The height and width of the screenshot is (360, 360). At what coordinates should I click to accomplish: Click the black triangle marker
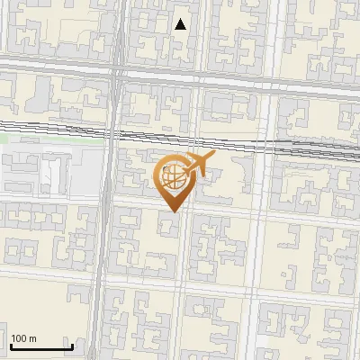pos(181,24)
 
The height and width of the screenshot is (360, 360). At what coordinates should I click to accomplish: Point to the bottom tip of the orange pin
pos(171,212)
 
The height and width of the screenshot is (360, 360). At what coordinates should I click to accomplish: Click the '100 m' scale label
pos(24,338)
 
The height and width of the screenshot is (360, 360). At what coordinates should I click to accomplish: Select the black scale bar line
pos(41,347)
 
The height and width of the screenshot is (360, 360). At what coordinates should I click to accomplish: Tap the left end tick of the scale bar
pos(11,345)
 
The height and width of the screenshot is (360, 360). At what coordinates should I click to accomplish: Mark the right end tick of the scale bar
pos(72,345)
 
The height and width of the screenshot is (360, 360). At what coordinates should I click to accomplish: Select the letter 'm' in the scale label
pos(33,338)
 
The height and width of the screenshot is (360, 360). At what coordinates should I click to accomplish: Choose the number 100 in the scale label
pos(20,338)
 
